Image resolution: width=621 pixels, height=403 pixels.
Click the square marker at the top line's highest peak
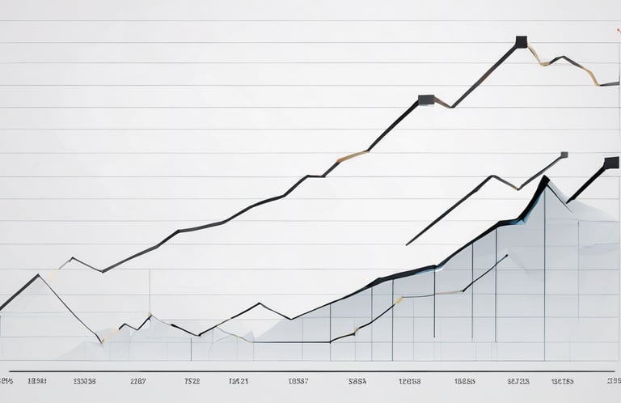coord(522,42)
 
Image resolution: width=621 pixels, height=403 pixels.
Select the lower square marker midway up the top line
coord(425,100)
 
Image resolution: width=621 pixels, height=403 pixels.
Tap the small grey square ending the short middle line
coord(564,154)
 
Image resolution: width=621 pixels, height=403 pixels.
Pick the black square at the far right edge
coord(612,163)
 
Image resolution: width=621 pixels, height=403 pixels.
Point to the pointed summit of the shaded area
coord(546,179)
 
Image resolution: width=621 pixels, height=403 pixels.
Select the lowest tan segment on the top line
coord(352,155)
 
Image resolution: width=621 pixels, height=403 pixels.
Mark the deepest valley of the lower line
coord(99,340)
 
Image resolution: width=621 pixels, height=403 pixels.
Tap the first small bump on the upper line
coord(72,258)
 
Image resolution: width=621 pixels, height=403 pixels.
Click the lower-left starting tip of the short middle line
coord(408,244)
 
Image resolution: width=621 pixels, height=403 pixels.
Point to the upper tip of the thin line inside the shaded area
coord(507,256)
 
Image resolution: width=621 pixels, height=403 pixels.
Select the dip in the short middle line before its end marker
coord(517,189)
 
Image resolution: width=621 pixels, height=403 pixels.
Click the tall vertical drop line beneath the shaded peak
coord(544,275)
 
